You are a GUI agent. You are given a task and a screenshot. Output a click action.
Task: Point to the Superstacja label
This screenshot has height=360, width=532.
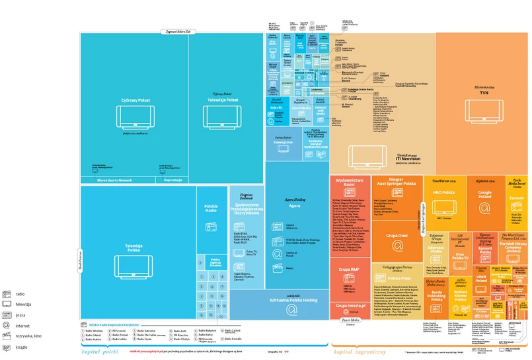(x=173, y=179)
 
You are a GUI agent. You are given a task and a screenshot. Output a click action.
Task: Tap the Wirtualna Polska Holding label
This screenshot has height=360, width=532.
(x=291, y=299)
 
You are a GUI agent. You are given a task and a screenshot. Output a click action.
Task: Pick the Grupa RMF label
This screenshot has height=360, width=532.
(x=349, y=270)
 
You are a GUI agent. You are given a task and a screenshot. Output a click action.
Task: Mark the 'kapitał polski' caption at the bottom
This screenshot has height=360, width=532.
(x=98, y=352)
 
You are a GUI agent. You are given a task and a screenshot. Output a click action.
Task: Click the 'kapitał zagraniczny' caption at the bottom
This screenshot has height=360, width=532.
(x=360, y=352)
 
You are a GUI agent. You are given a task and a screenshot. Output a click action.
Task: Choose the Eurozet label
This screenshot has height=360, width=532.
(x=516, y=198)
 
